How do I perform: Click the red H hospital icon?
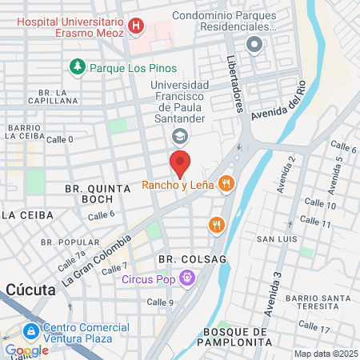(x=137, y=27)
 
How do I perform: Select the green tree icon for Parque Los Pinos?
(x=78, y=67)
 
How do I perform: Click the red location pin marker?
(x=180, y=162)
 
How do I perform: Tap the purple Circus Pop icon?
(x=187, y=279)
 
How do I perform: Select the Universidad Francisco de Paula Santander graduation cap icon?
(x=180, y=134)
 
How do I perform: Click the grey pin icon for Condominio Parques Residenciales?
(x=255, y=44)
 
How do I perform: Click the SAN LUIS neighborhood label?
(x=277, y=239)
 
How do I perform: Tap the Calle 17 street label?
(x=314, y=327)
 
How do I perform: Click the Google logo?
(x=26, y=350)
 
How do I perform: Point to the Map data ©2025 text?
(x=325, y=354)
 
